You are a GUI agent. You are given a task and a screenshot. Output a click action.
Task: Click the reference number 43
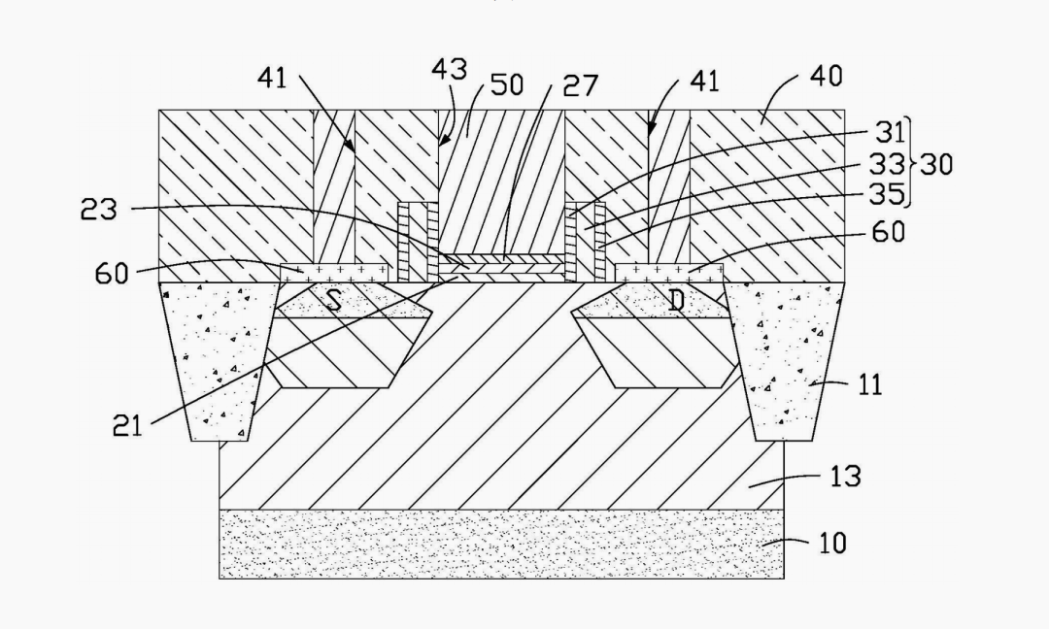click(x=450, y=69)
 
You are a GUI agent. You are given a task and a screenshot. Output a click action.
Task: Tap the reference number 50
click(x=507, y=84)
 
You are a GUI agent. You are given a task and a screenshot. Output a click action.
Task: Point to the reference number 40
click(x=824, y=76)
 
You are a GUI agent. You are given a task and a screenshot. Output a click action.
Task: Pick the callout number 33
click(x=886, y=165)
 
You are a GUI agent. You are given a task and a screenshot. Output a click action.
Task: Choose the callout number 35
click(x=886, y=196)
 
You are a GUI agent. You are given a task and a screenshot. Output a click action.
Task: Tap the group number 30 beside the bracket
click(x=936, y=164)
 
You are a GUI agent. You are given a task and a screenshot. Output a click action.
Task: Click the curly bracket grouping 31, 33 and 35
click(x=910, y=164)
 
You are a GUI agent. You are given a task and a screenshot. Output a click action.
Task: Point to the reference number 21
click(x=126, y=425)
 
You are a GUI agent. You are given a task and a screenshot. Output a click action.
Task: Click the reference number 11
click(x=869, y=384)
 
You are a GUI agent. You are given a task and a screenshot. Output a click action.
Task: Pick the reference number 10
click(x=832, y=542)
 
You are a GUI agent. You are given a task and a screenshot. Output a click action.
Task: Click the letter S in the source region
click(x=333, y=301)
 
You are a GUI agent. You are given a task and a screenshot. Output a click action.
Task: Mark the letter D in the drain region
click(x=677, y=301)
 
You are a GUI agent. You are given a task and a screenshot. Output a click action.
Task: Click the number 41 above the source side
click(x=273, y=78)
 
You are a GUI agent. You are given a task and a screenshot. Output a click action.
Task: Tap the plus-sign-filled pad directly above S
click(x=335, y=271)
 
